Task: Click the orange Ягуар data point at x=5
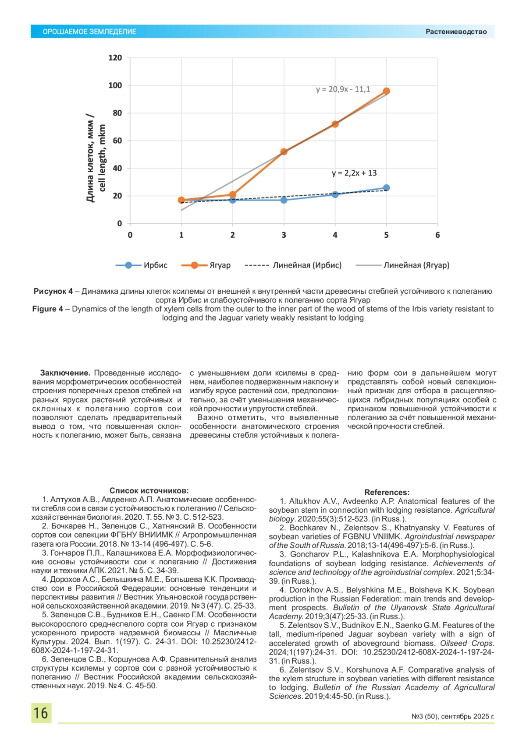click(386, 91)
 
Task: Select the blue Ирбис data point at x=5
click(386, 188)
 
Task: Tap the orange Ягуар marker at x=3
click(284, 151)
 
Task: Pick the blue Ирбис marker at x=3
click(284, 200)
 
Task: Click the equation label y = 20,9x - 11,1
click(343, 89)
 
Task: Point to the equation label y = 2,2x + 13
click(354, 173)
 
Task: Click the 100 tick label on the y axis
click(115, 85)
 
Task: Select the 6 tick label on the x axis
click(437, 235)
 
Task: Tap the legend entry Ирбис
click(155, 265)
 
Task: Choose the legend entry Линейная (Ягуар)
click(416, 265)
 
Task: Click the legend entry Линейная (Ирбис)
click(307, 265)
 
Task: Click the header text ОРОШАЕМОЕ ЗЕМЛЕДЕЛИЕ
click(89, 32)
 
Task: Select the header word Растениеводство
click(456, 32)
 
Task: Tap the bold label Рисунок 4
click(53, 291)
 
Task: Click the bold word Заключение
click(65, 373)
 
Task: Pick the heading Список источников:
click(149, 491)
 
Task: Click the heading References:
click(387, 493)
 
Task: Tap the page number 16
click(41, 713)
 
